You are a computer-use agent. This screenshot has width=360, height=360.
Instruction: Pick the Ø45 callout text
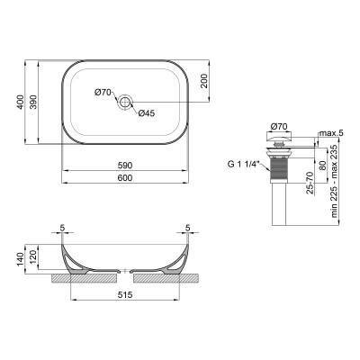coord(145,112)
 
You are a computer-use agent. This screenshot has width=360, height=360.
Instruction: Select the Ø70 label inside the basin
coord(103,93)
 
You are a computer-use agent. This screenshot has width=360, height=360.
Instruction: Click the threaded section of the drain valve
coord(278,166)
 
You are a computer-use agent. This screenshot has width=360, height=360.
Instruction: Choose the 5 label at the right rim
coord(187,228)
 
